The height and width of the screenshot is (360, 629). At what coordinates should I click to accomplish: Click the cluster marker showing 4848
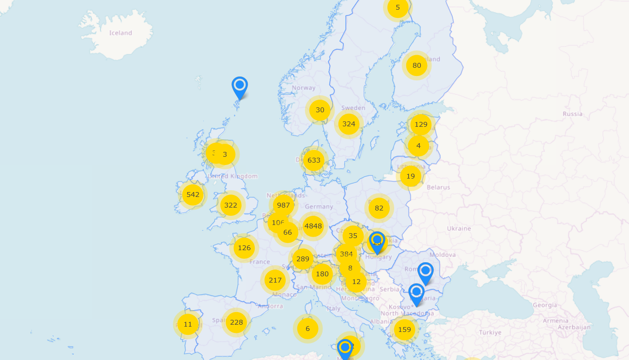(313, 225)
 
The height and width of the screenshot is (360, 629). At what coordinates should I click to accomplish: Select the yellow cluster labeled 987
(283, 205)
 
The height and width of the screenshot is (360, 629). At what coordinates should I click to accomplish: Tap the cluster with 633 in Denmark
(314, 160)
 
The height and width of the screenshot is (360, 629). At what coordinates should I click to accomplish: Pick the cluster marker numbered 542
(193, 195)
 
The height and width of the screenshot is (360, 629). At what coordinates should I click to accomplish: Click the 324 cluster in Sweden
(349, 124)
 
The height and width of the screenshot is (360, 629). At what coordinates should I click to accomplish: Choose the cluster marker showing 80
(416, 65)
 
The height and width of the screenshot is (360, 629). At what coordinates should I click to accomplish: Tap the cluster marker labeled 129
(421, 124)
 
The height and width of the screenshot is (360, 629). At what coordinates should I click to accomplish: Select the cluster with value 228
(236, 322)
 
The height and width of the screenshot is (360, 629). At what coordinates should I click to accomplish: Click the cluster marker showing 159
(404, 330)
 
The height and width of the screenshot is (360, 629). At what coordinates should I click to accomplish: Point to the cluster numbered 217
(275, 280)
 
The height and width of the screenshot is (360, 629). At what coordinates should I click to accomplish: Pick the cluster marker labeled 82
(379, 208)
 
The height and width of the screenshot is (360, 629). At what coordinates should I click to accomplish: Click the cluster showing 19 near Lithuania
(411, 176)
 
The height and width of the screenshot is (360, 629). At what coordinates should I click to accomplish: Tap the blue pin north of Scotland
(240, 86)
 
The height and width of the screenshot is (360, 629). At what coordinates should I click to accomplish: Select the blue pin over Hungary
(377, 241)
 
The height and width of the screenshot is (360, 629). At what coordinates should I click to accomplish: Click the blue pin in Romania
(425, 272)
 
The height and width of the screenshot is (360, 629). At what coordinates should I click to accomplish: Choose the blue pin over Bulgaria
(416, 293)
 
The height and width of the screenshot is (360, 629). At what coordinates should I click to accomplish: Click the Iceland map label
(121, 33)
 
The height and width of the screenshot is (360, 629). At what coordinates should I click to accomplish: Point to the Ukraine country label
(459, 228)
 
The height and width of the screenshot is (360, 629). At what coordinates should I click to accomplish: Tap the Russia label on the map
(572, 114)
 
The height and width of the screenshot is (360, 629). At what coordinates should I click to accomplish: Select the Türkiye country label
(491, 332)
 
